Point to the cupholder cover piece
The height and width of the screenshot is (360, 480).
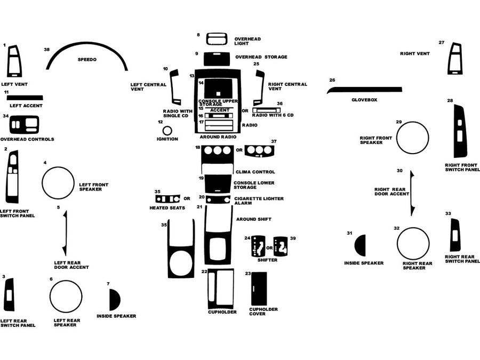(259, 289)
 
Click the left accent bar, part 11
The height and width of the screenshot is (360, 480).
(25, 98)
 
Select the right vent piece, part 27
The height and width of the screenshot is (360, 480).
(455, 59)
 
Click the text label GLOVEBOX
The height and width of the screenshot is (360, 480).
(364, 100)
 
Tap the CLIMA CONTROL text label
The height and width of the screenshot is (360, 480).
(255, 172)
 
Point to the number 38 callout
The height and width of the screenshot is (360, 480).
(47, 49)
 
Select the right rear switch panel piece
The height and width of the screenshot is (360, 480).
(455, 235)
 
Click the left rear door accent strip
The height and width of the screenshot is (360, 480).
(65, 233)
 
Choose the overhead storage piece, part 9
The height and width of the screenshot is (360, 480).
(217, 58)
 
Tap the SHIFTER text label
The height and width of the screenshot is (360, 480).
(267, 260)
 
